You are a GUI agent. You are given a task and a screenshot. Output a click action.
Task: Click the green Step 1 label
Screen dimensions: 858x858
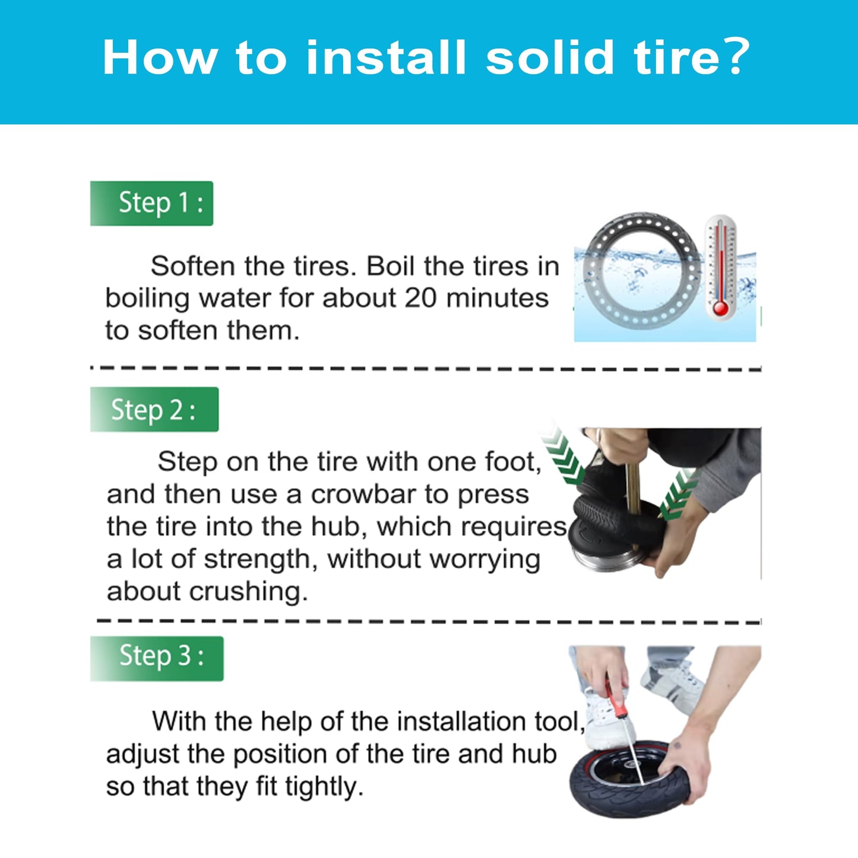(152, 203)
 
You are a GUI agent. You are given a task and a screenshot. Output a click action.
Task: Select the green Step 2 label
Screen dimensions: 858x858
(154, 409)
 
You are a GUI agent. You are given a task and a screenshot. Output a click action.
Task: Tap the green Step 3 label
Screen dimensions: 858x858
(157, 658)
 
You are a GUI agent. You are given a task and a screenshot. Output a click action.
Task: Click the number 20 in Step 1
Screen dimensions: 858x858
(420, 298)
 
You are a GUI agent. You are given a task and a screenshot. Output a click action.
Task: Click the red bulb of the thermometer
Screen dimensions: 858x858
(720, 308)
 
